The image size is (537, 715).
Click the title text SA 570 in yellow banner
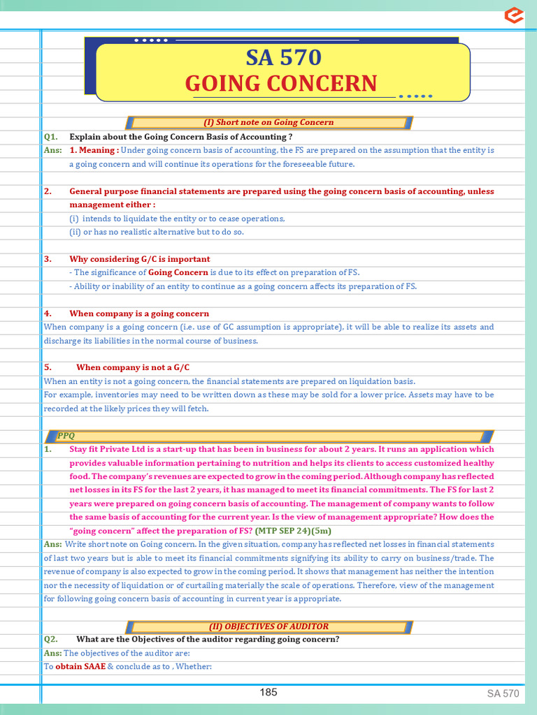coord(281,57)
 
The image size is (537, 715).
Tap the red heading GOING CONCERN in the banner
coord(281,84)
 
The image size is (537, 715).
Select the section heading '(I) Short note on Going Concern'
coord(268,123)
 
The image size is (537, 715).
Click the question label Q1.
coord(50,137)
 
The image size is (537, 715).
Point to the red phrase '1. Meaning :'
coord(94,150)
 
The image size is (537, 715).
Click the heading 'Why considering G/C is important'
coord(140,259)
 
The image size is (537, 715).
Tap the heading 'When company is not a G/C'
coord(133,367)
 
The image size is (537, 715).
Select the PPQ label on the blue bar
coord(66,436)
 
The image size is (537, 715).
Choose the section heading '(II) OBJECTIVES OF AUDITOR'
coord(268,626)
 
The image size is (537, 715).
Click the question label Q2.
coord(50,639)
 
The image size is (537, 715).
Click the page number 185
coord(268,692)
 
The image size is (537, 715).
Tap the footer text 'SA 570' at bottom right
coord(503,693)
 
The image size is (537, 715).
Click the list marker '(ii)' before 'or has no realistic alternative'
coord(76,232)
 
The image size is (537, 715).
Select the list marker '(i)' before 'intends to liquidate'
coord(74,219)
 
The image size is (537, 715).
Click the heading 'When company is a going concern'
coord(139,314)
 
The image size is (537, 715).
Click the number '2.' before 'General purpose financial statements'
coord(48,191)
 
